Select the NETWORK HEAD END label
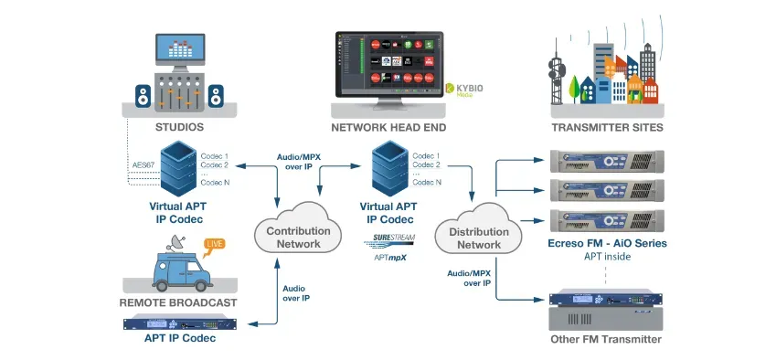(x=388, y=128)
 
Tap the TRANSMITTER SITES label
(x=607, y=128)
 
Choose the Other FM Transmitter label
(x=607, y=339)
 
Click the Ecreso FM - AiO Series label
(x=607, y=243)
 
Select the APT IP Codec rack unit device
(x=179, y=322)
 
